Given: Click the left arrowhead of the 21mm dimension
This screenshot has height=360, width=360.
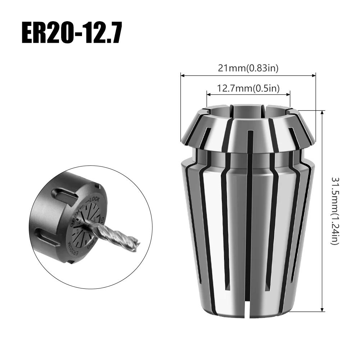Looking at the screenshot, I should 182,76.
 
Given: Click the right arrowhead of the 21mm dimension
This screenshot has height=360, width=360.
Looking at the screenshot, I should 314,76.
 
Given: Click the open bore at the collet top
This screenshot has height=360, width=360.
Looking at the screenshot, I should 248,111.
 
